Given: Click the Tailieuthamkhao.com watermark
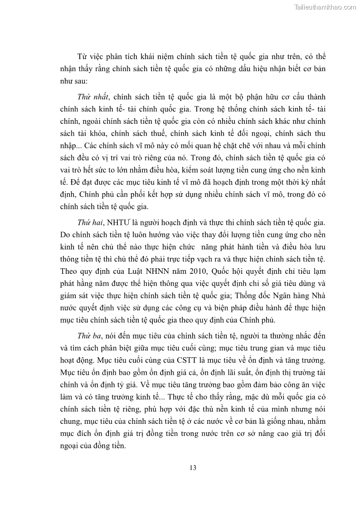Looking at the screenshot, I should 325,7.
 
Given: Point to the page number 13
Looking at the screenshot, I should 193,468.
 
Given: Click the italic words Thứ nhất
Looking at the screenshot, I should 93,97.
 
